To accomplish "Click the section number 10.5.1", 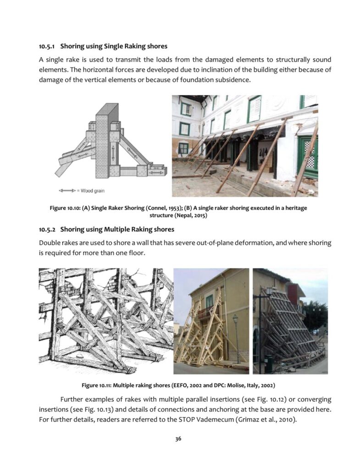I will pos(47,46).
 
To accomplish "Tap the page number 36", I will pos(180,439).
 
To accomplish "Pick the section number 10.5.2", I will pos(47,229).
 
